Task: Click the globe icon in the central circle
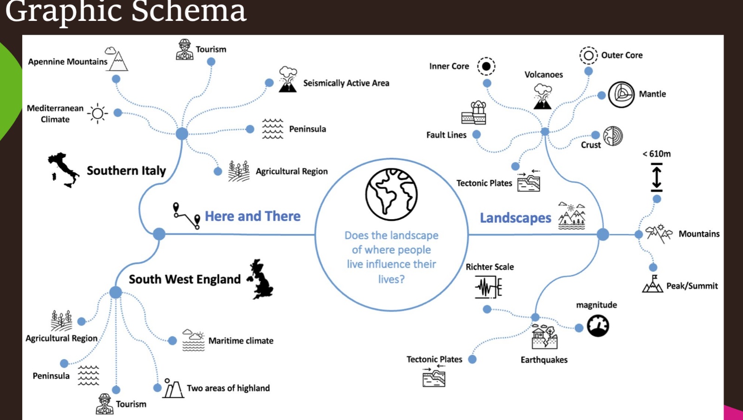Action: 391,194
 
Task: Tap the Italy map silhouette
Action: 63,169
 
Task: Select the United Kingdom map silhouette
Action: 261,279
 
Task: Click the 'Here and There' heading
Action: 253,217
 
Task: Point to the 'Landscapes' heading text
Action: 515,218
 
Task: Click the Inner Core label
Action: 449,66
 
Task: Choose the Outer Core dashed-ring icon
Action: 588,56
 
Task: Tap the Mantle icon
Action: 621,94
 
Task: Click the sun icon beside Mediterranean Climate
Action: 98,113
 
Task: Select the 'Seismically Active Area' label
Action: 346,83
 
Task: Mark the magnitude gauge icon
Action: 598,326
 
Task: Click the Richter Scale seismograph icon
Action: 489,287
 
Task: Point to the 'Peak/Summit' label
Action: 692,286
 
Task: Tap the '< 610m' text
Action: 657,154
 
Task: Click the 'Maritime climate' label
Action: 241,341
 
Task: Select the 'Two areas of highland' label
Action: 228,388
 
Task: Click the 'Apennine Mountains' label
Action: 68,62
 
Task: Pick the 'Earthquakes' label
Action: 544,360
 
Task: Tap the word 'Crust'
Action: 591,145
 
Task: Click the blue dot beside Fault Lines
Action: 476,135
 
